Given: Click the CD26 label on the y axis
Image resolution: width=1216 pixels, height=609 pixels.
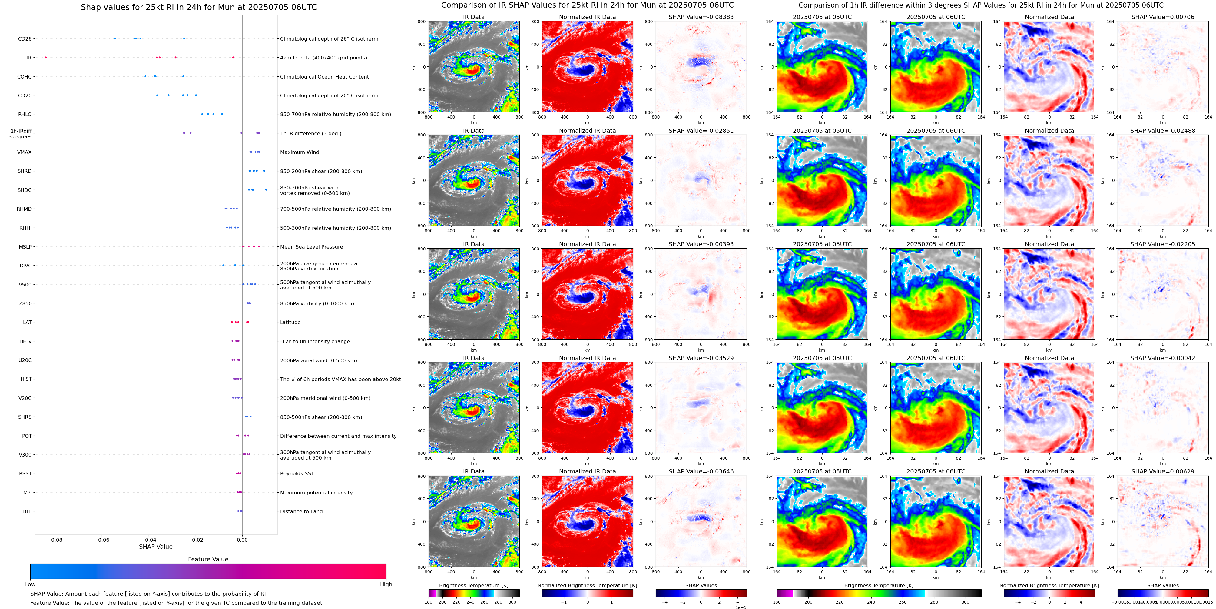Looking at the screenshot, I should pyautogui.click(x=25, y=39).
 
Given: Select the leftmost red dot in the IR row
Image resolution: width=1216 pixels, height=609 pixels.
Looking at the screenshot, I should pyautogui.click(x=46, y=58).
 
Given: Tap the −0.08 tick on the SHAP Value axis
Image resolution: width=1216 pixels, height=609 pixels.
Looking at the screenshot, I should pyautogui.click(x=55, y=540).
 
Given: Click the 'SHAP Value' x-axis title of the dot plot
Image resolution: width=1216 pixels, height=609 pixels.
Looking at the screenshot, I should pyautogui.click(x=156, y=547).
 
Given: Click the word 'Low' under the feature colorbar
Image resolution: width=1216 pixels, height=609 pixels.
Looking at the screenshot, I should pyautogui.click(x=30, y=584).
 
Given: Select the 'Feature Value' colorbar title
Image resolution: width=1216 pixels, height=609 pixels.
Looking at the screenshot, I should pyautogui.click(x=208, y=559).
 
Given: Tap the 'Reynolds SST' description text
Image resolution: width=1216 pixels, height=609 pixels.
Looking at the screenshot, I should pyautogui.click(x=297, y=474).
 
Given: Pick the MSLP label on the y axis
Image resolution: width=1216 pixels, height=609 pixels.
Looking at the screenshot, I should pyautogui.click(x=25, y=247).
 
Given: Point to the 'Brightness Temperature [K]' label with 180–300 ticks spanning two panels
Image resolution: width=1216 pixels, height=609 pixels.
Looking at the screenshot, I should pyautogui.click(x=879, y=585).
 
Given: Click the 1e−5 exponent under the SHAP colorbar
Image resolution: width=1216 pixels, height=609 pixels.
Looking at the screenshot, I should pyautogui.click(x=740, y=607).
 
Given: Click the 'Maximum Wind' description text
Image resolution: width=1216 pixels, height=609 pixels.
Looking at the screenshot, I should pyautogui.click(x=299, y=152).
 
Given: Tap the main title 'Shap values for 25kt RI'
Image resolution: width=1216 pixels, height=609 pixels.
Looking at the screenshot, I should pyautogui.click(x=199, y=7).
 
